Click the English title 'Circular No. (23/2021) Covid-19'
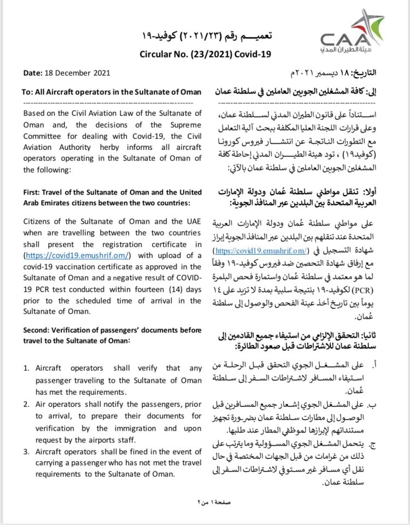click(205, 54)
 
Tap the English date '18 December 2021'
click(81, 73)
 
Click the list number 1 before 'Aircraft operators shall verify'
click(26, 369)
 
